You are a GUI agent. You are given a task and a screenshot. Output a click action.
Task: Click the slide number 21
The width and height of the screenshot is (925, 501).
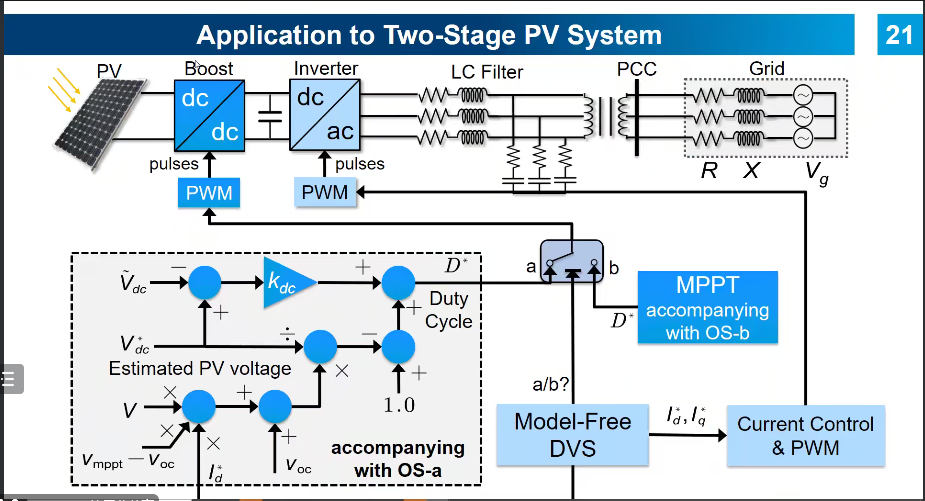click(x=899, y=35)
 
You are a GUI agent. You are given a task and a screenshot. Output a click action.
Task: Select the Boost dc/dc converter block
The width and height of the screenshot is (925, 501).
click(x=209, y=115)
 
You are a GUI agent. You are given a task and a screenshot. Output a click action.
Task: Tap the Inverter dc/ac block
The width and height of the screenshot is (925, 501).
click(x=324, y=115)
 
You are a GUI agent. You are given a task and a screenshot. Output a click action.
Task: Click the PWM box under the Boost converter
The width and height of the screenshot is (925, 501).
click(x=209, y=192)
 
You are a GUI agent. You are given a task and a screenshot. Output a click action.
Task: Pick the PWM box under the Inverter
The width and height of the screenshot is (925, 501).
click(x=325, y=192)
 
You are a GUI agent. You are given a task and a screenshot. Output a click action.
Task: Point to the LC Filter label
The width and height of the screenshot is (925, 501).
click(x=485, y=72)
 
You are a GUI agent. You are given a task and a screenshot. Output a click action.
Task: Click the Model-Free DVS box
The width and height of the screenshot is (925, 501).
click(x=573, y=434)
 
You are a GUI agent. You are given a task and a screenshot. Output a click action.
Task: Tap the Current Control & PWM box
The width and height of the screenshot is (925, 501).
click(x=805, y=435)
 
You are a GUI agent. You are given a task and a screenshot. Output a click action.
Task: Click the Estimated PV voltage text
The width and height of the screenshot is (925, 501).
click(x=200, y=369)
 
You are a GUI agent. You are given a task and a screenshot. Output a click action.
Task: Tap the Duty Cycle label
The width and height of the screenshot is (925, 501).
click(x=449, y=310)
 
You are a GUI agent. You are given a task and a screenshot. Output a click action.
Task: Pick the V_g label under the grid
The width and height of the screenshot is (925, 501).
click(x=817, y=171)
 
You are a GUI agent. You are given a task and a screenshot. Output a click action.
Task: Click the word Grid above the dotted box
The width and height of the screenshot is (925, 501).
click(x=766, y=69)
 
